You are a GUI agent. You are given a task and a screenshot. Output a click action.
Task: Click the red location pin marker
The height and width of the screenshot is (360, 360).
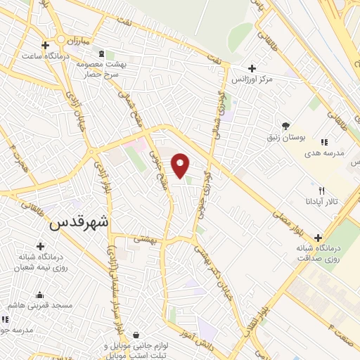tap(181, 165)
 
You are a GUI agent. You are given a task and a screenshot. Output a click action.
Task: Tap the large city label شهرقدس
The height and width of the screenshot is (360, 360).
tap(79, 224)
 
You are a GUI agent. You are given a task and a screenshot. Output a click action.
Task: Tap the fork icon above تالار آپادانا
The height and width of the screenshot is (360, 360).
tap(322, 191)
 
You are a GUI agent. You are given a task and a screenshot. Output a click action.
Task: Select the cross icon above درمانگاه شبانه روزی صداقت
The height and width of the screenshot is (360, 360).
tap(319, 238)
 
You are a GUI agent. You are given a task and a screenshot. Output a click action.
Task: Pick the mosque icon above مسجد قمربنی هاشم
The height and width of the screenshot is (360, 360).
tap(39, 295)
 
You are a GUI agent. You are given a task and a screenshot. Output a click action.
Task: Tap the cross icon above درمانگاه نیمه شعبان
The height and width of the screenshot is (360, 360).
tap(40, 247)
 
